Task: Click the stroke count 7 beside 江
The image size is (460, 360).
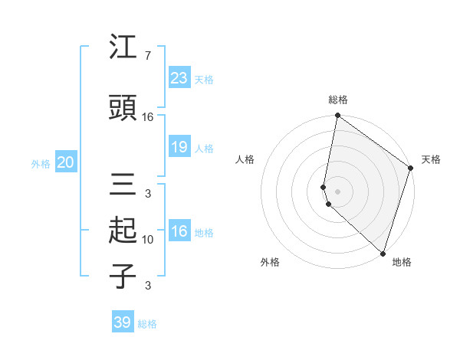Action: [148, 57]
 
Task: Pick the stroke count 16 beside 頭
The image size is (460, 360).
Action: [148, 117]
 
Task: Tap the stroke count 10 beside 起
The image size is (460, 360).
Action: [148, 240]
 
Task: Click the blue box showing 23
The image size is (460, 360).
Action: [179, 77]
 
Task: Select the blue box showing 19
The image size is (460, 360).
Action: [179, 147]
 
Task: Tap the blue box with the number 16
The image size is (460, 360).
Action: [179, 231]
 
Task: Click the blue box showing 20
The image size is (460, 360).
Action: [65, 162]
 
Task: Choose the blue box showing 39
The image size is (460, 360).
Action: [122, 322]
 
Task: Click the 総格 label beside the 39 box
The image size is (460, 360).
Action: [147, 324]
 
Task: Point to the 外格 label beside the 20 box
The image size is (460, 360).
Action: [41, 164]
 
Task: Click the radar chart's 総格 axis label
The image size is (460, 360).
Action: [338, 100]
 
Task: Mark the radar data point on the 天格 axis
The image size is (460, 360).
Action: [411, 169]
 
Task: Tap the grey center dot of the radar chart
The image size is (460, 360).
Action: [337, 191]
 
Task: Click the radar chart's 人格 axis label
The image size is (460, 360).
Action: [245, 159]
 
